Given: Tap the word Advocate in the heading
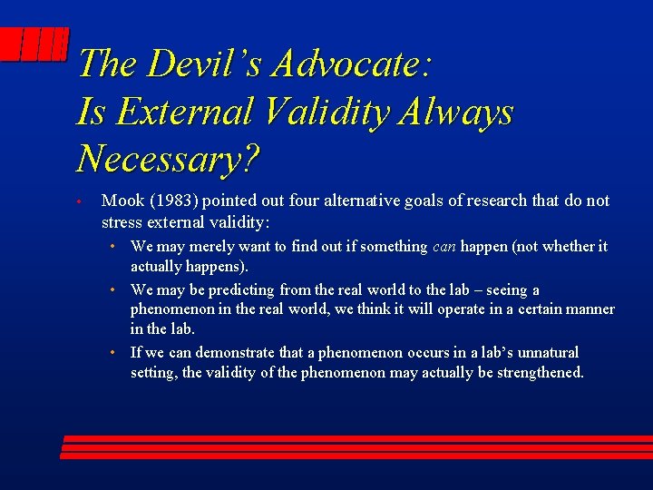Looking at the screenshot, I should (x=350, y=64).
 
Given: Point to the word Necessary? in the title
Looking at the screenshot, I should (x=169, y=160).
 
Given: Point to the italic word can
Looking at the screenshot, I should (x=443, y=247).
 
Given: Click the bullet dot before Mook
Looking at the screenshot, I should (x=80, y=201).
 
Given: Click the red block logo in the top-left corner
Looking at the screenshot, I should (x=34, y=45).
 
